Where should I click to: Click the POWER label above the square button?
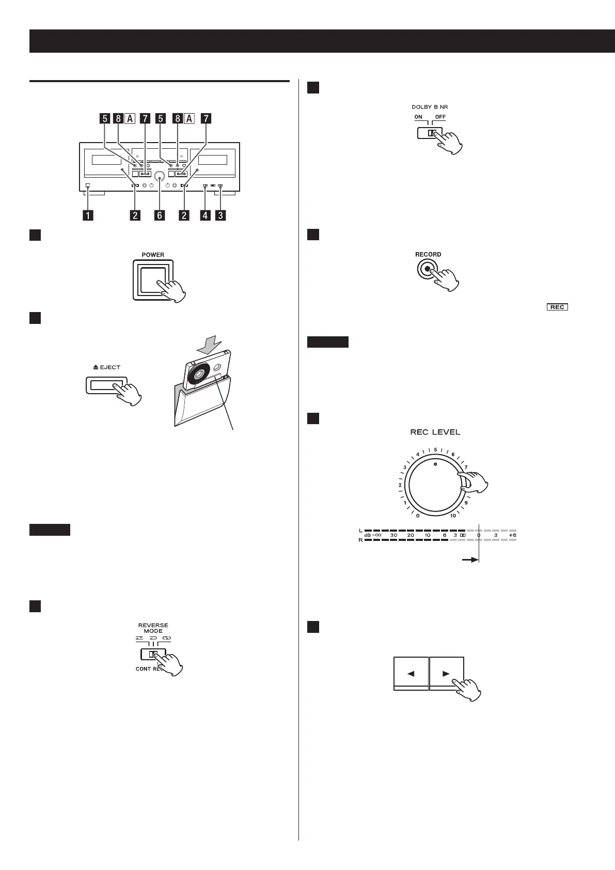tap(153, 255)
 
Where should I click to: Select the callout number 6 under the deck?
tap(160, 215)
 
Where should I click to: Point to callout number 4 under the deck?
tap(206, 215)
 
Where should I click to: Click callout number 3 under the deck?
tap(220, 215)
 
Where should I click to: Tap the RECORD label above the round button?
tap(428, 254)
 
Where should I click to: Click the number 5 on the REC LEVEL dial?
tap(435, 449)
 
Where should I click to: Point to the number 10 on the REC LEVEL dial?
tap(453, 516)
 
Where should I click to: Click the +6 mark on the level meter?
tap(512, 535)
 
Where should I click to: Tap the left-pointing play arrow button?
tap(411, 673)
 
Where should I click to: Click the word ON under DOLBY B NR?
tap(418, 117)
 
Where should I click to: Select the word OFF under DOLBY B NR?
tap(440, 117)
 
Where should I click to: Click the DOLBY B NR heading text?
tap(430, 107)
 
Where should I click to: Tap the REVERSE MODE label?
tap(153, 628)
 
